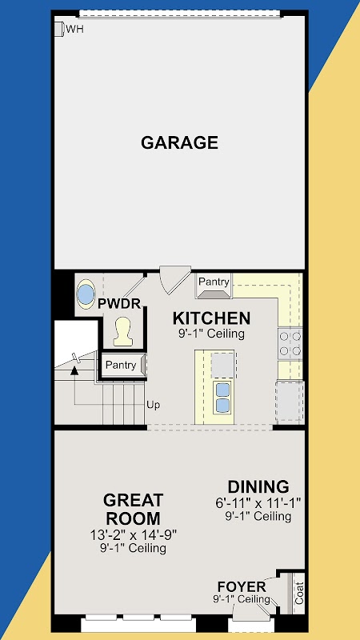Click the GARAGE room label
pyautogui.click(x=179, y=143)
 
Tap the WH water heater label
pyautogui.click(x=74, y=30)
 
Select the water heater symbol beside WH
pyautogui.click(x=59, y=29)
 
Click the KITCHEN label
pyautogui.click(x=211, y=318)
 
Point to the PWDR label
pyautogui.click(x=119, y=304)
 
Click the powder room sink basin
pyautogui.click(x=86, y=294)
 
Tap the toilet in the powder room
pyautogui.click(x=123, y=332)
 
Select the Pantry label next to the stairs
pyautogui.click(x=121, y=365)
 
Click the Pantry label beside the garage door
pyautogui.click(x=214, y=282)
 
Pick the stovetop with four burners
pyautogui.click(x=290, y=344)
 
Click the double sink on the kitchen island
pyautogui.click(x=222, y=398)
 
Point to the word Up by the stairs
pyautogui.click(x=154, y=405)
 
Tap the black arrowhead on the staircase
pyautogui.click(x=74, y=370)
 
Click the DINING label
pyautogui.click(x=258, y=487)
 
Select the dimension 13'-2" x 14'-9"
pyautogui.click(x=133, y=534)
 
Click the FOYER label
pyautogui.click(x=242, y=587)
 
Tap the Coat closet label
pyautogui.click(x=299, y=593)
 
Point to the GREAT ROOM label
pyautogui.click(x=133, y=510)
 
